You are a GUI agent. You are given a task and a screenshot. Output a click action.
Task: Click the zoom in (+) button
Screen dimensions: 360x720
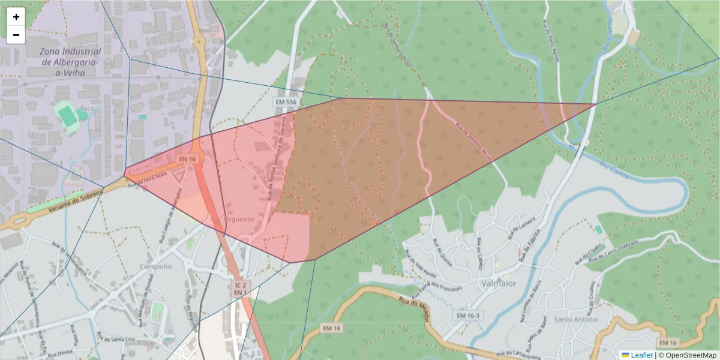pyautogui.click(x=16, y=17)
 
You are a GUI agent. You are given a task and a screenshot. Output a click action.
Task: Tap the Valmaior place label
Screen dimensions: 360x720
pyautogui.click(x=498, y=283)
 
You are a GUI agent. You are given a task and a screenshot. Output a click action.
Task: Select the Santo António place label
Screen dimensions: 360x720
pyautogui.click(x=576, y=319)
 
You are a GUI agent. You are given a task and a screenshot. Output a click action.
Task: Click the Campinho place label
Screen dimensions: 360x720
pyautogui.click(x=156, y=266)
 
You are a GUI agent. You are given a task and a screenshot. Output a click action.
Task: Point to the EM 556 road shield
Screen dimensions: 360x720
pyautogui.click(x=286, y=103)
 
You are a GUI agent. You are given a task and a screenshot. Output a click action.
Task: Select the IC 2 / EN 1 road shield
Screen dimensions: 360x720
pyautogui.click(x=240, y=288)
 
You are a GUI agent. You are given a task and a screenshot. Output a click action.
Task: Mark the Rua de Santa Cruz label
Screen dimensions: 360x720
pyautogui.click(x=122, y=340)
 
